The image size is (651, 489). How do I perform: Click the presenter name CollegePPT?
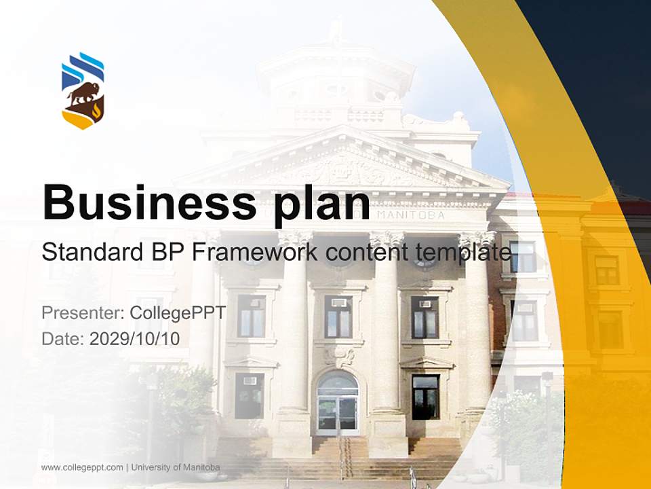(x=178, y=313)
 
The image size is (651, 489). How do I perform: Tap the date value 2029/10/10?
(x=135, y=338)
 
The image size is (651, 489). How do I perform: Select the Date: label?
(x=63, y=338)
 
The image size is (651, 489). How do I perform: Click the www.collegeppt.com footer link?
(x=82, y=467)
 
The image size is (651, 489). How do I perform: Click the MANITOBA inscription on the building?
(x=411, y=215)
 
